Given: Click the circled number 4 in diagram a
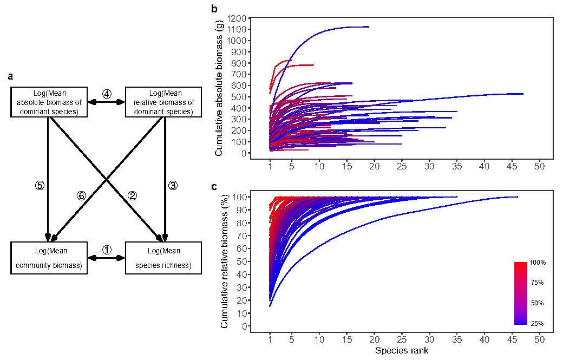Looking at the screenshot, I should pyautogui.click(x=107, y=94).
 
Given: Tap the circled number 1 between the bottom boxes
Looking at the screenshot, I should pyautogui.click(x=107, y=250).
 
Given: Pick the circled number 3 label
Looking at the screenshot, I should pyautogui.click(x=173, y=186).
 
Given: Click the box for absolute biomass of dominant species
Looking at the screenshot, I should pyautogui.click(x=49, y=101).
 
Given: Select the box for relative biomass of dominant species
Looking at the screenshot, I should pyautogui.click(x=163, y=101).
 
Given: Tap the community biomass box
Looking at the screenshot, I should pyautogui.click(x=49, y=258).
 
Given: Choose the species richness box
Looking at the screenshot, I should pyautogui.click(x=163, y=258).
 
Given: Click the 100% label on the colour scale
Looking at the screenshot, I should pyautogui.click(x=538, y=263).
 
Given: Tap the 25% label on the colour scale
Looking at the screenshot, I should pyautogui.click(x=538, y=324).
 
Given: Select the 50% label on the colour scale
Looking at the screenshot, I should pyautogui.click(x=538, y=303).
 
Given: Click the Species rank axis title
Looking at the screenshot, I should pyautogui.click(x=403, y=351).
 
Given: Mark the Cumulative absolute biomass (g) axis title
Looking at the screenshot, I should pyautogui.click(x=219, y=87).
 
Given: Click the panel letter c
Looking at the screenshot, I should pyautogui.click(x=214, y=187).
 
